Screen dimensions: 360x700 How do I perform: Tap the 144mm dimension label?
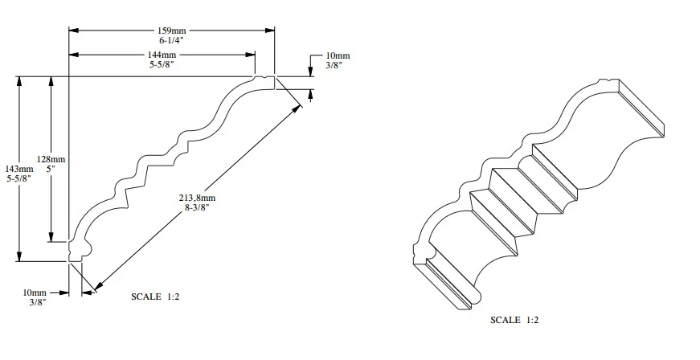coord(162,55)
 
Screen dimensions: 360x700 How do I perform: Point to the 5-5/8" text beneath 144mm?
coord(162,64)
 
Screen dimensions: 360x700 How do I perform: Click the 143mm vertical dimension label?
coord(19,169)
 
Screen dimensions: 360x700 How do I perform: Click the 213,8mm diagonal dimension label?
coord(199,197)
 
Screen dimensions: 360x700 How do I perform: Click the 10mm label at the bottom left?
coord(36,292)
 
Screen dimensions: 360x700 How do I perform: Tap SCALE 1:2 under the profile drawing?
coord(154,297)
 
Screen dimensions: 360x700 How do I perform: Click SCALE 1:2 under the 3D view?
coord(514,319)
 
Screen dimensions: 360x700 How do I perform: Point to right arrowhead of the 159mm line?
coord(271,30)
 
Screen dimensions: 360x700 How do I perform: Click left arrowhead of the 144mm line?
coord(73,55)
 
